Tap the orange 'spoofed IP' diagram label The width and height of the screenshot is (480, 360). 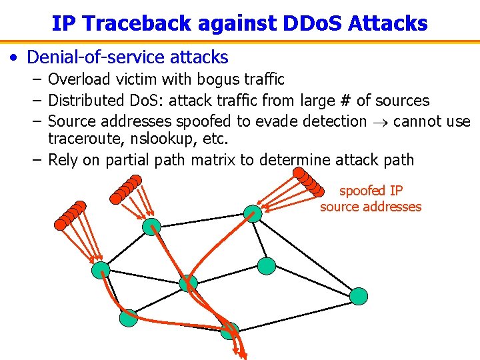(x=371, y=191)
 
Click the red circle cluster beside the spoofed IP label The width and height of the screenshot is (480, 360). (x=308, y=179)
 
